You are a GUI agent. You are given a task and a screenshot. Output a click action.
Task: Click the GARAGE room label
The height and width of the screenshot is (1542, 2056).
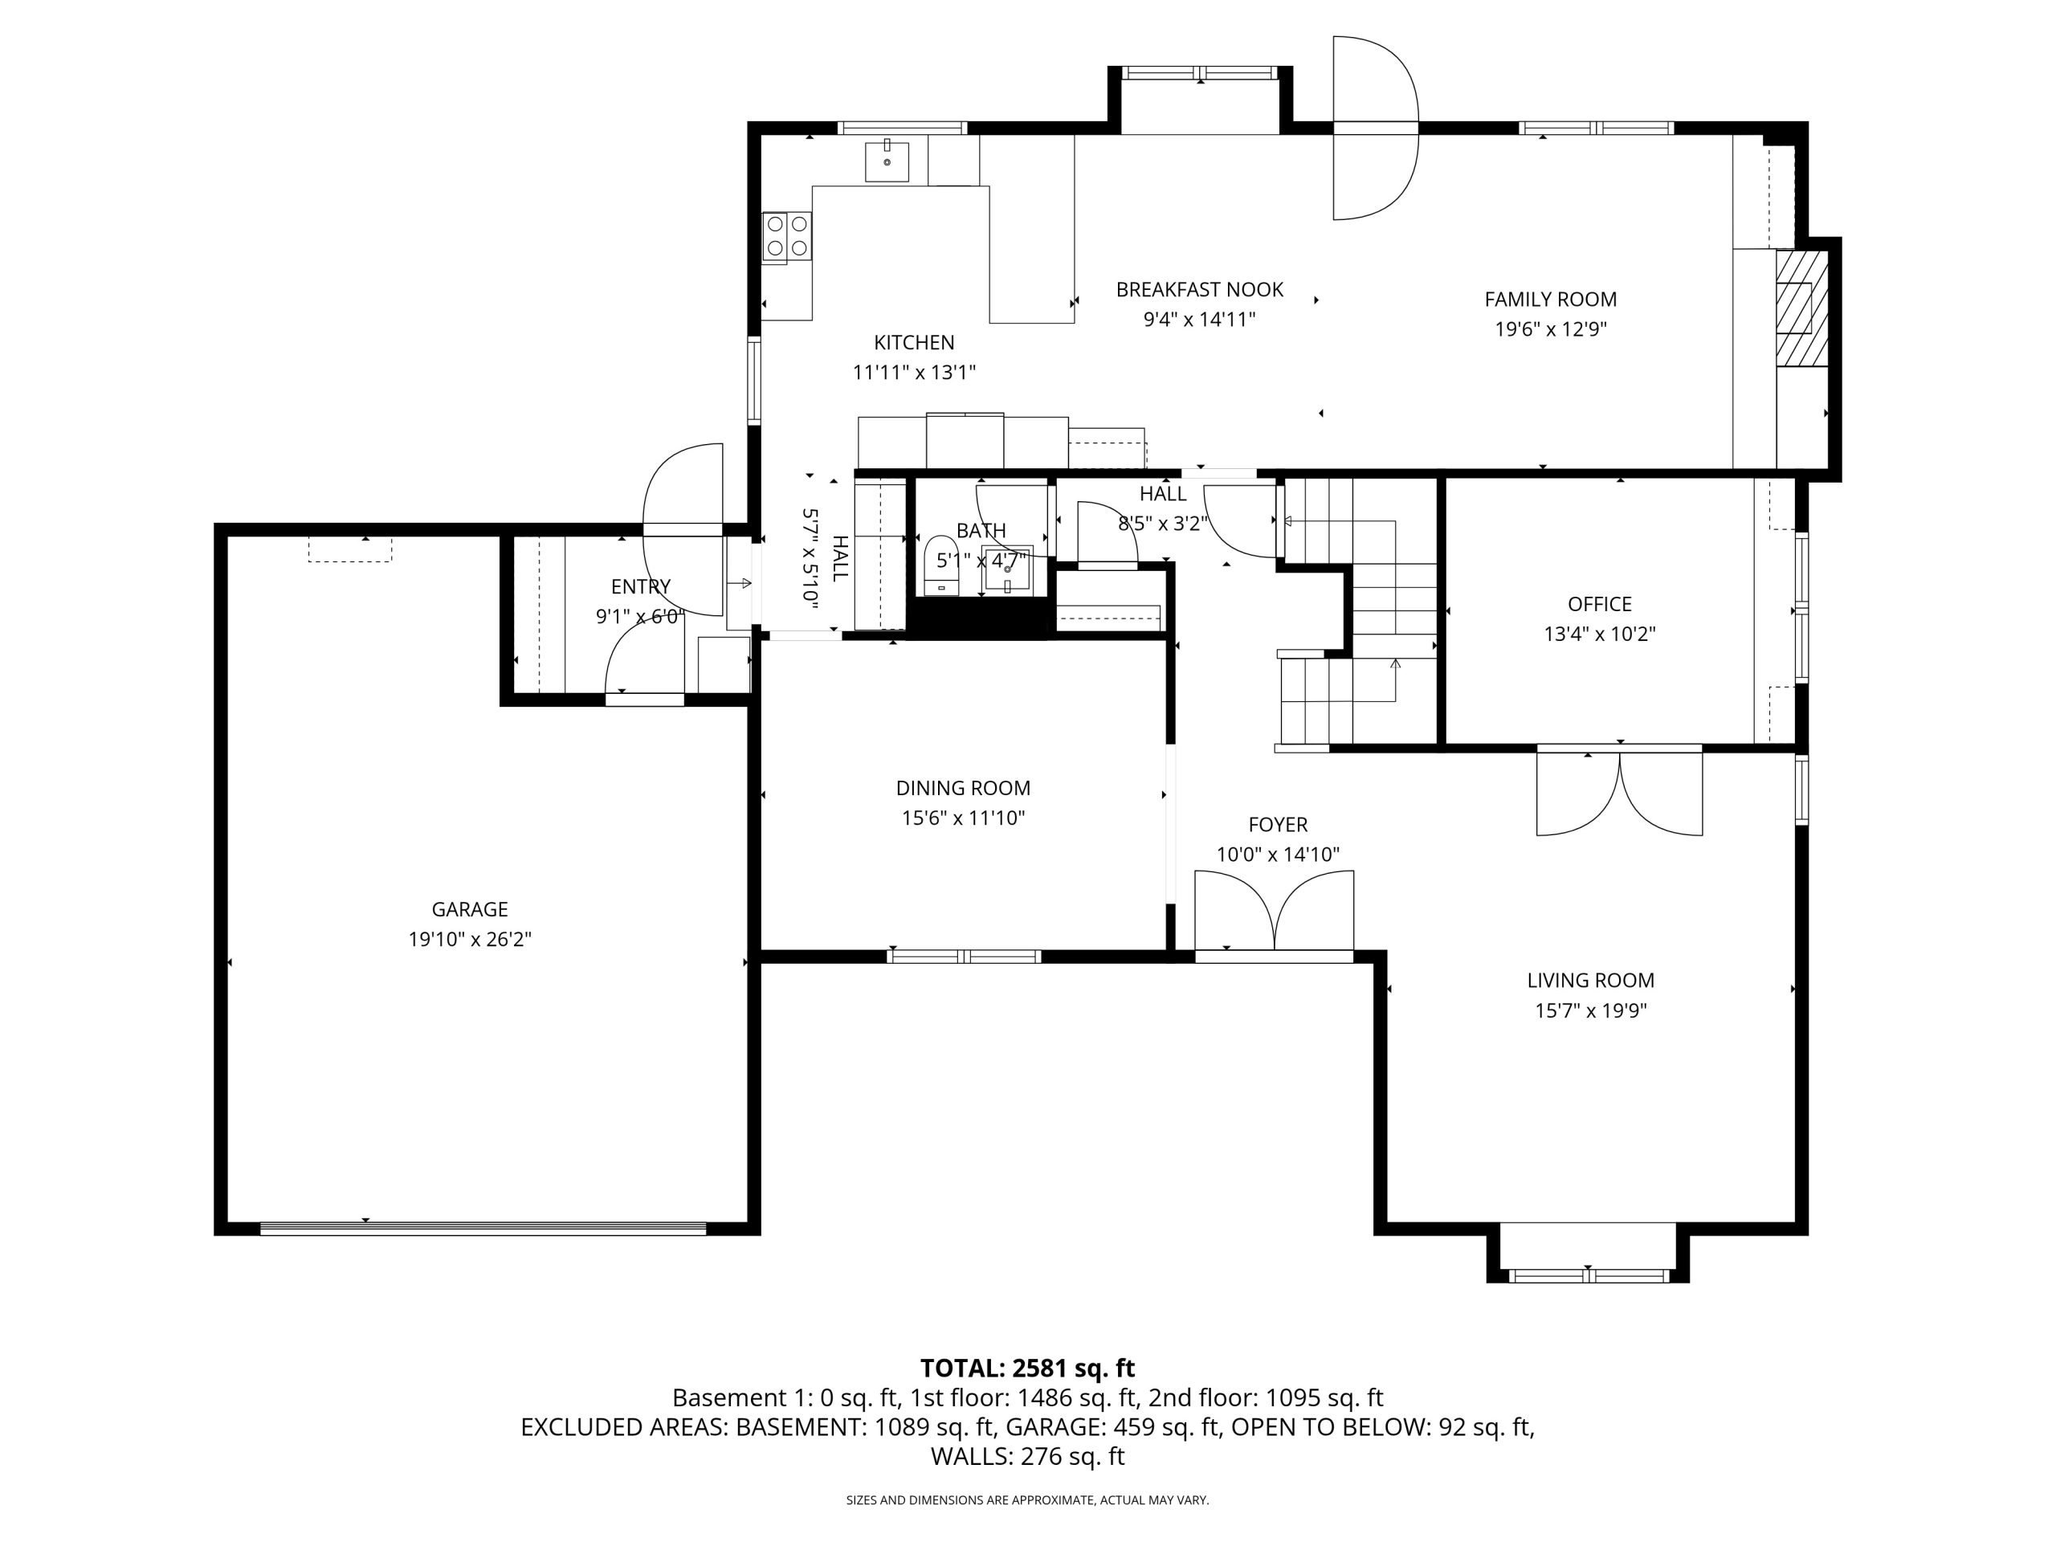[469, 909]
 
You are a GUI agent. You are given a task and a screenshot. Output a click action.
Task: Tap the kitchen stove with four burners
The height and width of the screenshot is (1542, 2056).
[786, 236]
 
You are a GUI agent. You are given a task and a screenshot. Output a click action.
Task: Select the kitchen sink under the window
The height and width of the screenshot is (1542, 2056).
[887, 161]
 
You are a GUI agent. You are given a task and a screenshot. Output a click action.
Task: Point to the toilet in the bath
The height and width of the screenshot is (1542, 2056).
[941, 565]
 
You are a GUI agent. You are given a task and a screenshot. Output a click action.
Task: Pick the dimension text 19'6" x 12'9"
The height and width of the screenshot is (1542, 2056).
[1550, 329]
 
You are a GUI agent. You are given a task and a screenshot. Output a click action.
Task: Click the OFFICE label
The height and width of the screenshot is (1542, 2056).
[1600, 604]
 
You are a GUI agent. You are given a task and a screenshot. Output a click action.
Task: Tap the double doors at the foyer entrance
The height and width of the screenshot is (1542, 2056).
[1274, 911]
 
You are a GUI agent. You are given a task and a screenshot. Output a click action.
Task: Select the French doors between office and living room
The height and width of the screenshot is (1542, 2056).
[1619, 791]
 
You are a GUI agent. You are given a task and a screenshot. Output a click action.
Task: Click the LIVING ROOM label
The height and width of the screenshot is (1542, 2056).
[1590, 980]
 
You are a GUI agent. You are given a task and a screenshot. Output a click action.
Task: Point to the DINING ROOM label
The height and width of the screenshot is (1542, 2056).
[963, 788]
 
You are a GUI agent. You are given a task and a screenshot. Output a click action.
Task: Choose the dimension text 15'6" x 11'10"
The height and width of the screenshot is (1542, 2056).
[963, 818]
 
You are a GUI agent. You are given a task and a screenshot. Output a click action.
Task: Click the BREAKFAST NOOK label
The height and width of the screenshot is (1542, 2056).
[1199, 290]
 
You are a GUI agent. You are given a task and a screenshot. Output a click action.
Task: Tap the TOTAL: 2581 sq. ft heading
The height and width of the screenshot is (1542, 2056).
[1027, 1369]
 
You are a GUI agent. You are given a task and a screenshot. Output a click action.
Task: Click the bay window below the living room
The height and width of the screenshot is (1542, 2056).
[1588, 1275]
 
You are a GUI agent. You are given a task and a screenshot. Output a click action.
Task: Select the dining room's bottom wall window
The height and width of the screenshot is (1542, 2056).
[964, 956]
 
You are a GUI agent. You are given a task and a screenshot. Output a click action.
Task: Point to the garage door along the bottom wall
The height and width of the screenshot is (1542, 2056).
[483, 1228]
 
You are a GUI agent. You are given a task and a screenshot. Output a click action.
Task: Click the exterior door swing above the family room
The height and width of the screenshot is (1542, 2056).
[1376, 128]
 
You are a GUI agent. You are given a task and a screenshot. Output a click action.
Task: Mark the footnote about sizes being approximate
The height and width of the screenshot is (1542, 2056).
[1027, 1500]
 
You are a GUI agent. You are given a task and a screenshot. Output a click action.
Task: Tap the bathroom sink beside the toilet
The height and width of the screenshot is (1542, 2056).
[1009, 569]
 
